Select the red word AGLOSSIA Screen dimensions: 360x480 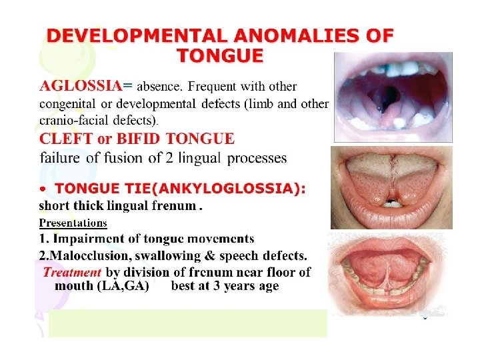(x=81, y=86)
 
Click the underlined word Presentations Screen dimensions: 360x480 (x=73, y=223)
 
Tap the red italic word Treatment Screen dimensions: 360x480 (x=72, y=272)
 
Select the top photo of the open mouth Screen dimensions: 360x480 (x=393, y=97)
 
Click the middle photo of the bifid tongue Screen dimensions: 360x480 (x=391, y=187)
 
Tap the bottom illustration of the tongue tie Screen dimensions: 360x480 (x=385, y=274)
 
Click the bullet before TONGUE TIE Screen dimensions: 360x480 (x=43, y=189)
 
